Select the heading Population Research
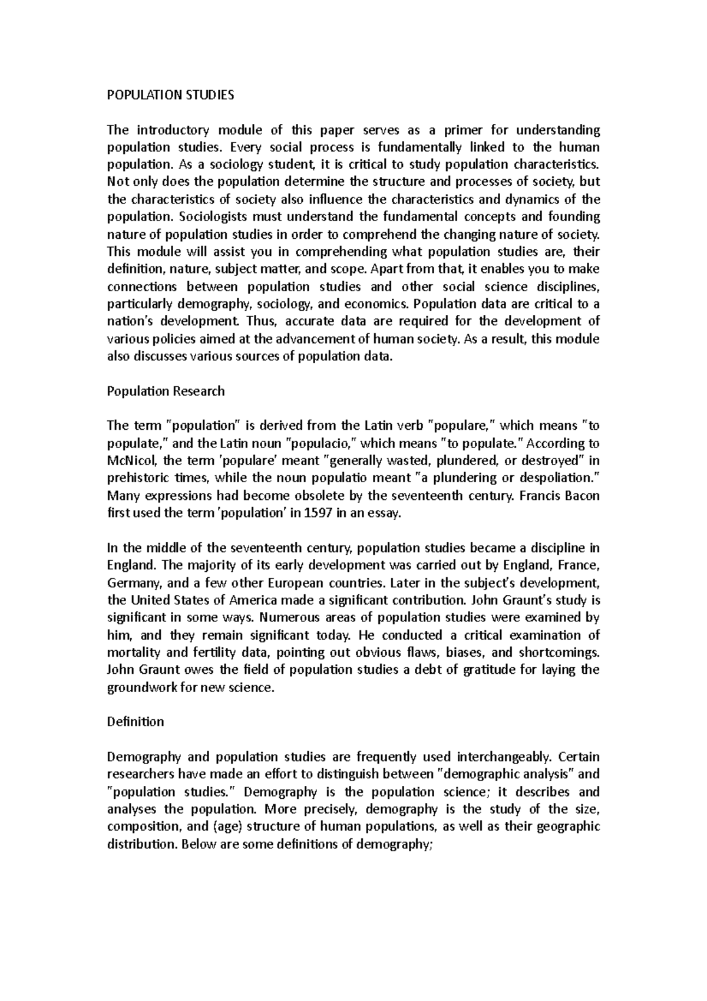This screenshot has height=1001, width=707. [x=166, y=391]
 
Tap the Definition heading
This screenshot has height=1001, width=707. [x=136, y=722]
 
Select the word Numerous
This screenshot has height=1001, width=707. [x=285, y=618]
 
